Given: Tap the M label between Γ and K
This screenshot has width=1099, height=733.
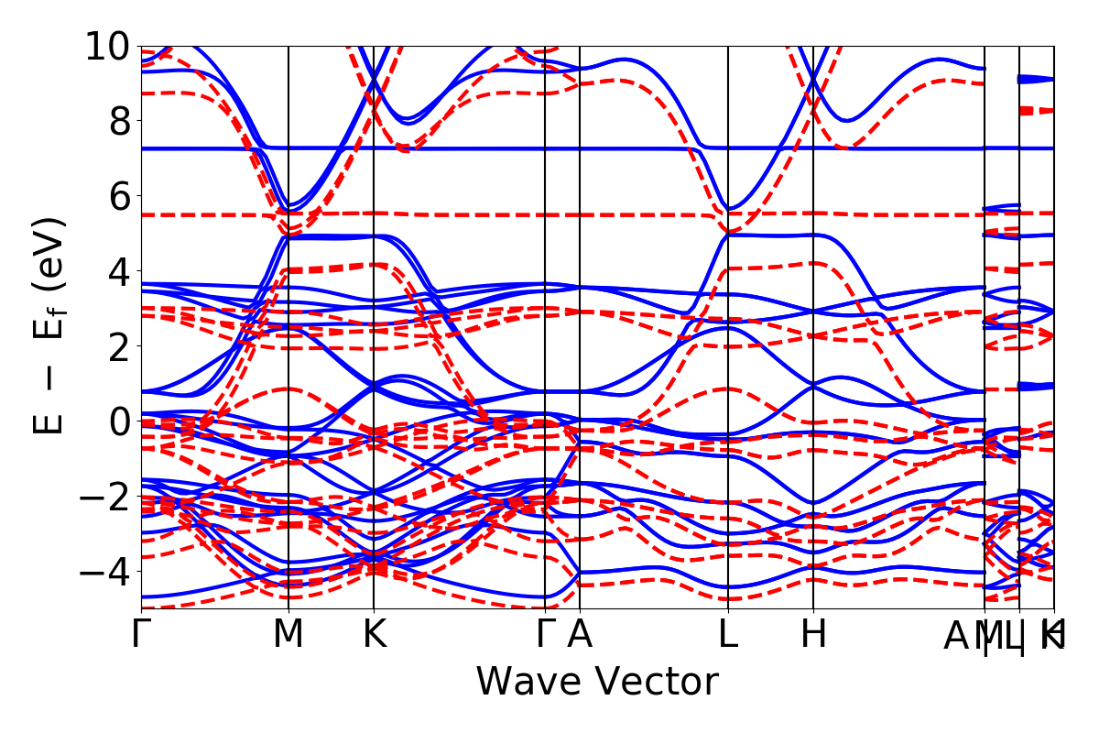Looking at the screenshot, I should coord(288,635).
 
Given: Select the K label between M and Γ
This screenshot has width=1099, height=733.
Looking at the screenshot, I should coord(374,635).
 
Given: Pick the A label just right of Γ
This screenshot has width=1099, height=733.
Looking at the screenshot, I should coord(580,635).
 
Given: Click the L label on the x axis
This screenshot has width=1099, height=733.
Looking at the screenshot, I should coord(728,635).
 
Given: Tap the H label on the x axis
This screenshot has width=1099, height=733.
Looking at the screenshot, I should coord(813,635).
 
